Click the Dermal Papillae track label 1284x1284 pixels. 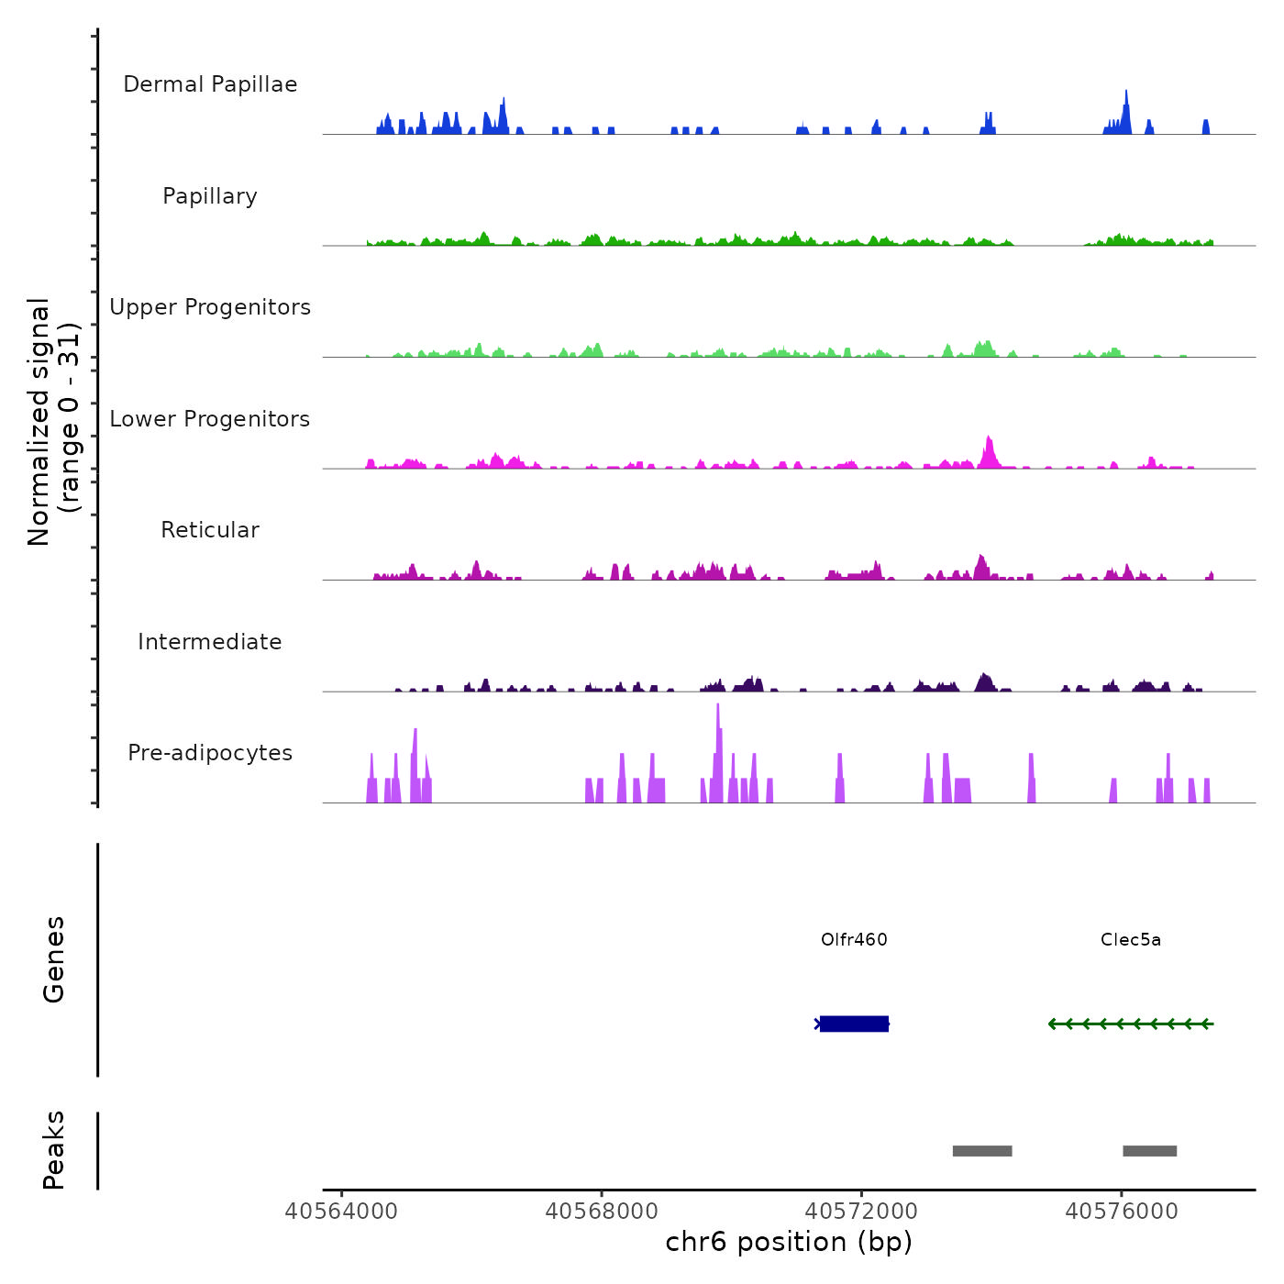[210, 84]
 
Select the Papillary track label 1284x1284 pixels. [210, 196]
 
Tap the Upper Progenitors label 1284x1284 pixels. [210, 307]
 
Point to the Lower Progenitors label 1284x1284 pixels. [210, 419]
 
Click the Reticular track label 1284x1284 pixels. [210, 530]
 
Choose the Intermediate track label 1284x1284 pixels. [210, 642]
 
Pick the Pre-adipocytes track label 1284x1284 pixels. [210, 753]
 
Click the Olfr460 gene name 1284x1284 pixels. [854, 940]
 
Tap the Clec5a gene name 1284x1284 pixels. [1131, 940]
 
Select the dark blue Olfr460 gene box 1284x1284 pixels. [854, 1024]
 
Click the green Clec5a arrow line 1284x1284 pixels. [1131, 1024]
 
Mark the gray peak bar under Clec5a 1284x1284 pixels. [1149, 1151]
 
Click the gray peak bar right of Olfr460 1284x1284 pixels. [982, 1151]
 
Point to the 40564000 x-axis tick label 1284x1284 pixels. [341, 1212]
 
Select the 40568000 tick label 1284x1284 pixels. [602, 1212]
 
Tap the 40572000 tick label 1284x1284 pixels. [861, 1212]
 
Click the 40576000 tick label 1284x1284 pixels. [1122, 1212]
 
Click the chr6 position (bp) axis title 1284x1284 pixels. [789, 1243]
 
